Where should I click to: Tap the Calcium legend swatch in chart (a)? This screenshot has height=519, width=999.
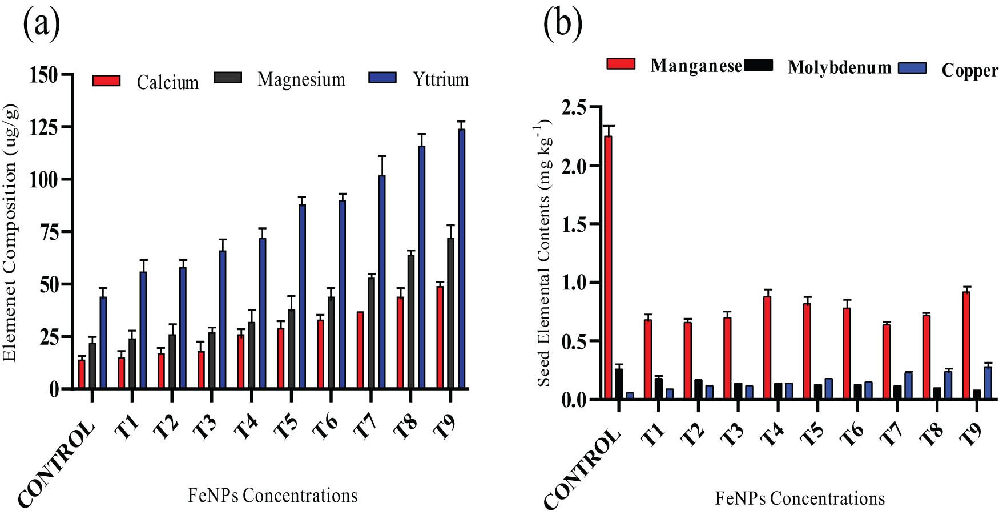tap(107, 81)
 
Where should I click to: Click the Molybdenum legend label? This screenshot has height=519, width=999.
tap(839, 67)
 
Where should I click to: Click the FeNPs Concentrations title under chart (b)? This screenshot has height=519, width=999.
tap(799, 498)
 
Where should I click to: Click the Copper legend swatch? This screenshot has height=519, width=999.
tap(912, 68)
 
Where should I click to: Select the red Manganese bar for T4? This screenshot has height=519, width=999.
tap(767, 348)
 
